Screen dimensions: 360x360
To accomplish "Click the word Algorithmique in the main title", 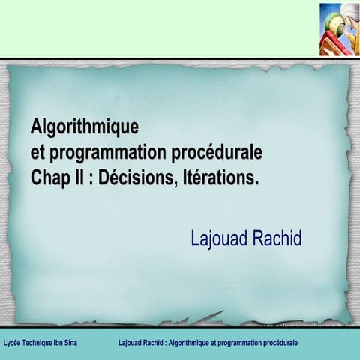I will [x=84, y=125].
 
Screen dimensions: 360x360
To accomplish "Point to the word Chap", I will [x=49, y=178].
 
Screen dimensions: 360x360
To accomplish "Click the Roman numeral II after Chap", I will [x=76, y=178].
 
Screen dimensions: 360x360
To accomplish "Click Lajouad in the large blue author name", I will [x=219, y=239].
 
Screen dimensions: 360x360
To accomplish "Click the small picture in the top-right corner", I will [x=339, y=29].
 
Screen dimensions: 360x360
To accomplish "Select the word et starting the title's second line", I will [x=37, y=152].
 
